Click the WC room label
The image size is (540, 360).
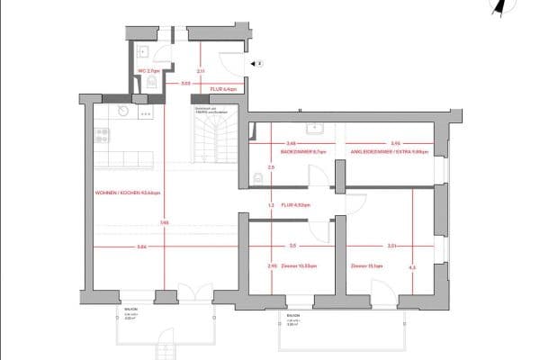coord(149,69)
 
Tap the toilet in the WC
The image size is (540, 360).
coord(151,83)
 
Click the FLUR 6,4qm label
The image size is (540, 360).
coord(222,90)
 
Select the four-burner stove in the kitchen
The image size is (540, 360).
coord(102,137)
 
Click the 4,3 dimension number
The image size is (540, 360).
coord(412,266)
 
